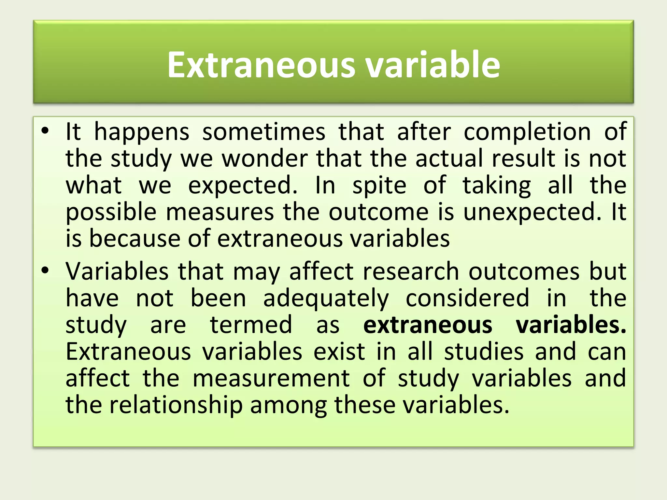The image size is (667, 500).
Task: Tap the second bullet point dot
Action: coord(45,270)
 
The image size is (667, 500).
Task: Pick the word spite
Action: coord(379,186)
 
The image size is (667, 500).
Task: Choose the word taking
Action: coord(497,186)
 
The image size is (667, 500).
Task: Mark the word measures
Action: coord(220,212)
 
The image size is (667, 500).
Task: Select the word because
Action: coord(134,239)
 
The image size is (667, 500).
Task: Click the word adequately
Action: coord(326,299)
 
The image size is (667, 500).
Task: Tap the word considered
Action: coord(467,298)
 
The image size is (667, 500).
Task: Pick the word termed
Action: coord(251,325)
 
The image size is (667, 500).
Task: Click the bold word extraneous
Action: coord(428,325)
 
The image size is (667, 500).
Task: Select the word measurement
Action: coord(271,378)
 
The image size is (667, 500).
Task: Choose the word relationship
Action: coord(176,406)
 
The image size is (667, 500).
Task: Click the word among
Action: coord(288,406)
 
